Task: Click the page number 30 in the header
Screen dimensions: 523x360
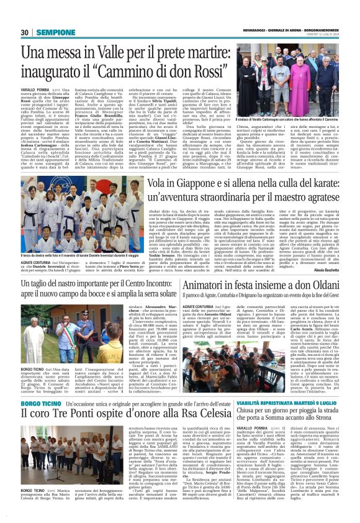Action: (24, 32)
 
